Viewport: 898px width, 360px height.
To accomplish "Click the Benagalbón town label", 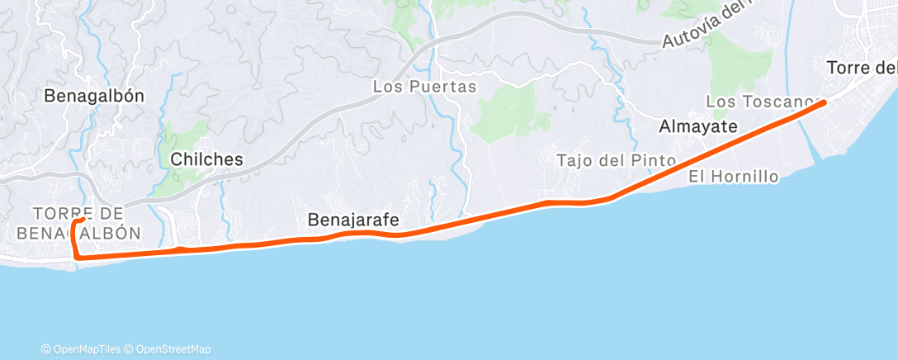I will point(94,96).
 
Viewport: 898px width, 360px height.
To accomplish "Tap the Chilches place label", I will point(207,159).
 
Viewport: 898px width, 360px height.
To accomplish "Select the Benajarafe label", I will point(353,220).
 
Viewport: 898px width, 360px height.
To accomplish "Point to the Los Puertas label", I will point(425,86).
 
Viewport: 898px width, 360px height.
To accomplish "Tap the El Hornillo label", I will point(734,177).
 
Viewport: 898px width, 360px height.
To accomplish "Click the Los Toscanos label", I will point(759,102).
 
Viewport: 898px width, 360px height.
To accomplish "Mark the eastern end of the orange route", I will point(824,102).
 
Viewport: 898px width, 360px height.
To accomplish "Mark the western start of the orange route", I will point(84,220).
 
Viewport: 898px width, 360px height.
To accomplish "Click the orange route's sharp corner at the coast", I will point(77,257).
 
